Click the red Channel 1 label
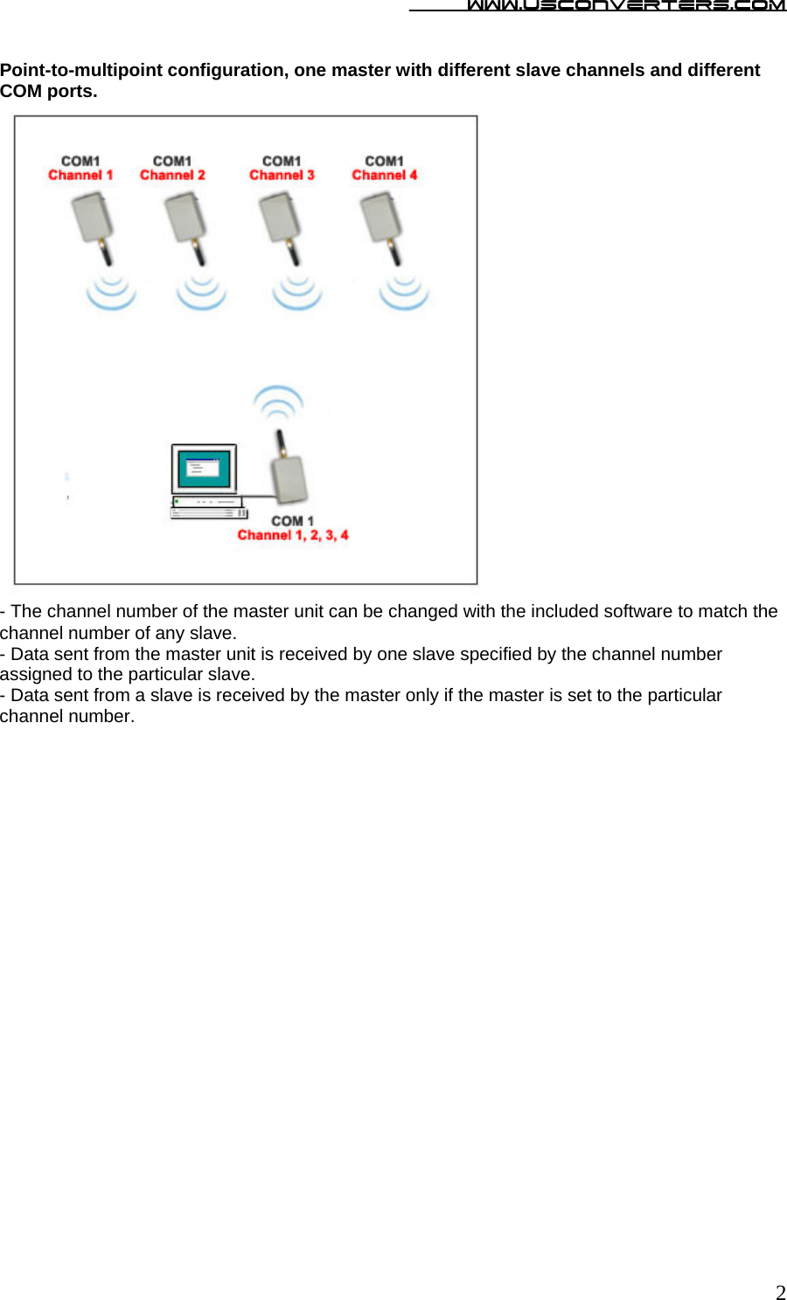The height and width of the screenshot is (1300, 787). [x=80, y=176]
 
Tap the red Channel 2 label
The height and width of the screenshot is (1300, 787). [x=172, y=176]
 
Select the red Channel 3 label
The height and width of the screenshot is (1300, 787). [x=282, y=176]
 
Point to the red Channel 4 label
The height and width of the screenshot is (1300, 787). [x=385, y=176]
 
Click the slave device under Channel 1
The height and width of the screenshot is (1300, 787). [x=93, y=219]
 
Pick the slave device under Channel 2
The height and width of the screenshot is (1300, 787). [x=186, y=219]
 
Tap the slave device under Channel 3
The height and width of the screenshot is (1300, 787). [x=281, y=219]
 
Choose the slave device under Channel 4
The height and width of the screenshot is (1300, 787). [x=382, y=219]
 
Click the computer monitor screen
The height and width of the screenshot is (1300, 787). [x=204, y=469]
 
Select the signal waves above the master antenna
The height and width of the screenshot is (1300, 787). [x=278, y=401]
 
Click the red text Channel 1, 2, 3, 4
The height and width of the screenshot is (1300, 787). [x=293, y=535]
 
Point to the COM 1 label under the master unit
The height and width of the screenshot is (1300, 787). [x=292, y=521]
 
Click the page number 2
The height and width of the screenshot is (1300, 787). [x=780, y=1292]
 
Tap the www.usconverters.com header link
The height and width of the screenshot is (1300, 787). [x=625, y=6]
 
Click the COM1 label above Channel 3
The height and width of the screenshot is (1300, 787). [x=282, y=161]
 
